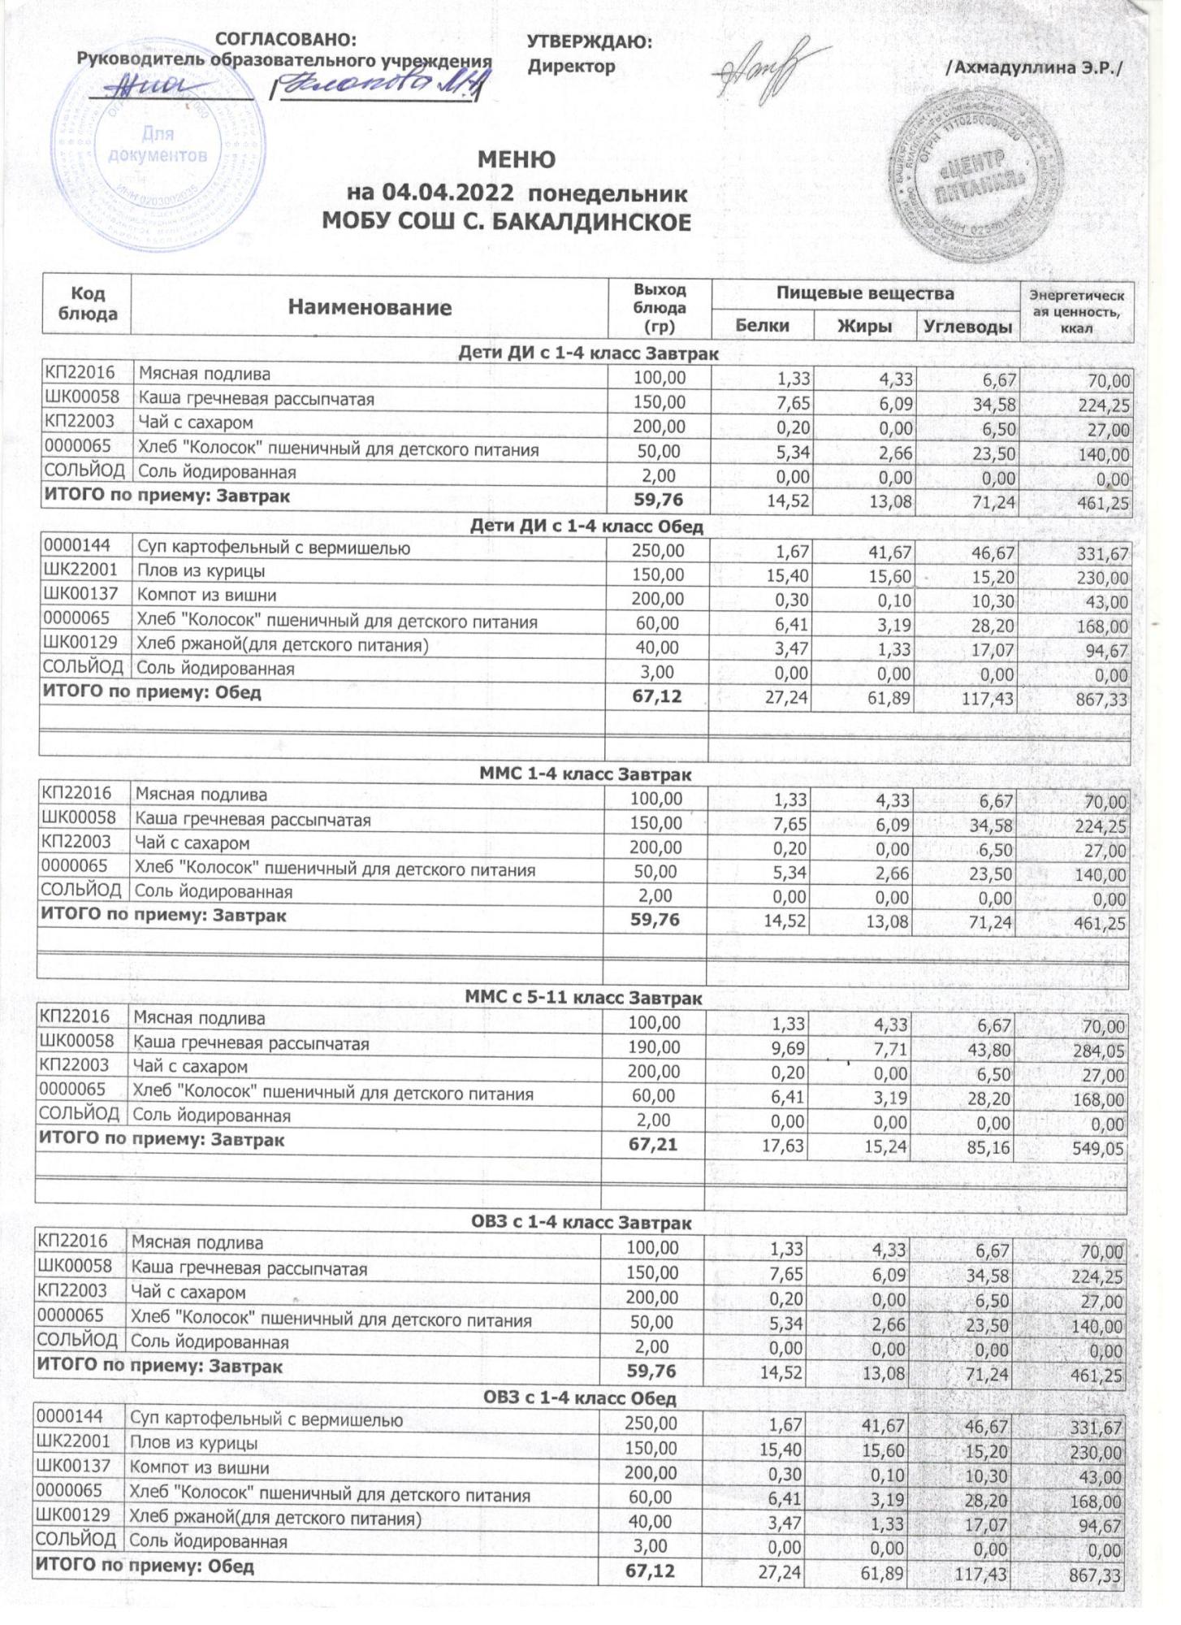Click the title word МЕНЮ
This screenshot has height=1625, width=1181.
pyautogui.click(x=517, y=160)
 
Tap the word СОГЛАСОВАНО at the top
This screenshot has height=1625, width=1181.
pyautogui.click(x=286, y=40)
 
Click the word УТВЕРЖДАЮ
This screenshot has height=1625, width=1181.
pyautogui.click(x=590, y=42)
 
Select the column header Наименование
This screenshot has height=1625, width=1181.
pyautogui.click(x=370, y=307)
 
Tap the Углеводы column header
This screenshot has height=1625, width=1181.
pyautogui.click(x=968, y=327)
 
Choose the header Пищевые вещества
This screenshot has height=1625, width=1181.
pyautogui.click(x=865, y=293)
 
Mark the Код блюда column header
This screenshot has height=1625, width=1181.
pyautogui.click(x=87, y=303)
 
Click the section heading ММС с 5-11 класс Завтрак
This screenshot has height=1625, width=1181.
pyautogui.click(x=582, y=998)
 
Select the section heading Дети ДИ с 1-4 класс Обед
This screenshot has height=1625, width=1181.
pyautogui.click(x=586, y=526)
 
